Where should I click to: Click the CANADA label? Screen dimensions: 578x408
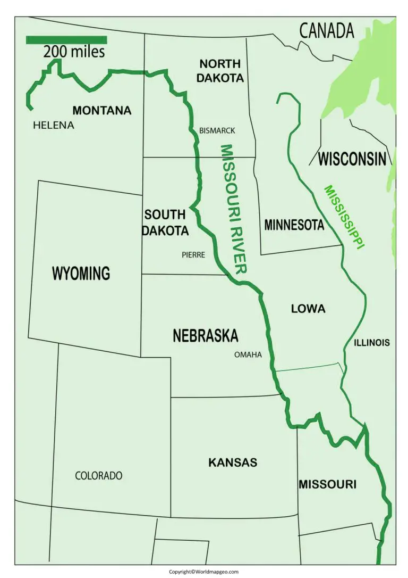[327, 31]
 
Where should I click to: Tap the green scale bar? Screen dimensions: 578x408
[66, 40]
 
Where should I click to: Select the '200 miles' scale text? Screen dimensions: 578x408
[74, 52]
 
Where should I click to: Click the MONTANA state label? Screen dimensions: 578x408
[101, 111]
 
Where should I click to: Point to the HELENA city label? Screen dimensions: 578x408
[54, 126]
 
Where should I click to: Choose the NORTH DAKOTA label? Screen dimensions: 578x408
[220, 71]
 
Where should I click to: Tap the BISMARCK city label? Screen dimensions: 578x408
[217, 130]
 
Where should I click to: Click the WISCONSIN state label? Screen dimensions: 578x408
[352, 159]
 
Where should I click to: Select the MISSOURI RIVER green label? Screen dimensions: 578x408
[234, 209]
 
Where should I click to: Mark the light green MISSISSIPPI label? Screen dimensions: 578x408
[344, 217]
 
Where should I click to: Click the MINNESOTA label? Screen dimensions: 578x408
[294, 225]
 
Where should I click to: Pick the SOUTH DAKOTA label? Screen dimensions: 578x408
[166, 222]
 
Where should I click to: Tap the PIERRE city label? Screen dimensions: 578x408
[193, 255]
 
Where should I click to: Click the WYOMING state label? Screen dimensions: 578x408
[81, 273]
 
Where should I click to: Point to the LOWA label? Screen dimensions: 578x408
[308, 309]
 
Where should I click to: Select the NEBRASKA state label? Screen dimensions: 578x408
[205, 336]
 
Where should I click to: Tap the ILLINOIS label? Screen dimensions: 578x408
[372, 343]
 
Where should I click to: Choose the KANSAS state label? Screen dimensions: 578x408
[233, 463]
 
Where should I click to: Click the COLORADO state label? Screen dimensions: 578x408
[99, 476]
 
